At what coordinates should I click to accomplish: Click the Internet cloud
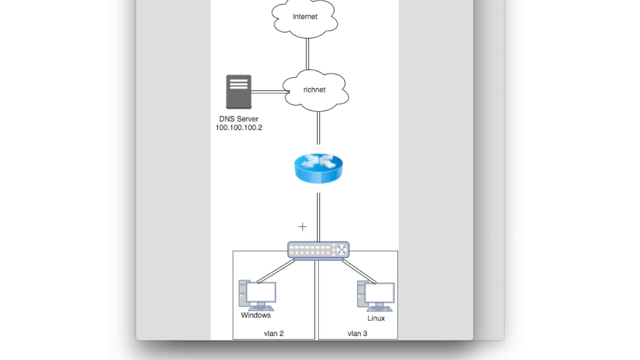[304, 18]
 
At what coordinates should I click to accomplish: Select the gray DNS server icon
[238, 92]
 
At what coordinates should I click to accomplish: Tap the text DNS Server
[238, 119]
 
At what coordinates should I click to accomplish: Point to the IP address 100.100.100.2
[238, 127]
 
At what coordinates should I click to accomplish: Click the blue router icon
[318, 168]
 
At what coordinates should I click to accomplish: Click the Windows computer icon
[257, 295]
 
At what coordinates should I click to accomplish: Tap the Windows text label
[255, 315]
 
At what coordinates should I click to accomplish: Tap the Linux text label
[376, 318]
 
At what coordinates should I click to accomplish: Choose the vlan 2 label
[273, 333]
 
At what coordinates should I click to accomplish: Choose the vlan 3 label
[357, 333]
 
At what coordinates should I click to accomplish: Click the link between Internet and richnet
[307, 54]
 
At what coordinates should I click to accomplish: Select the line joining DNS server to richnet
[267, 92]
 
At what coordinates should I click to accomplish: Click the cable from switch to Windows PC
[276, 270]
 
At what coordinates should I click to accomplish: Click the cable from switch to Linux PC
[359, 270]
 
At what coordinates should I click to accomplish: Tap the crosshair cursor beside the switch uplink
[302, 227]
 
